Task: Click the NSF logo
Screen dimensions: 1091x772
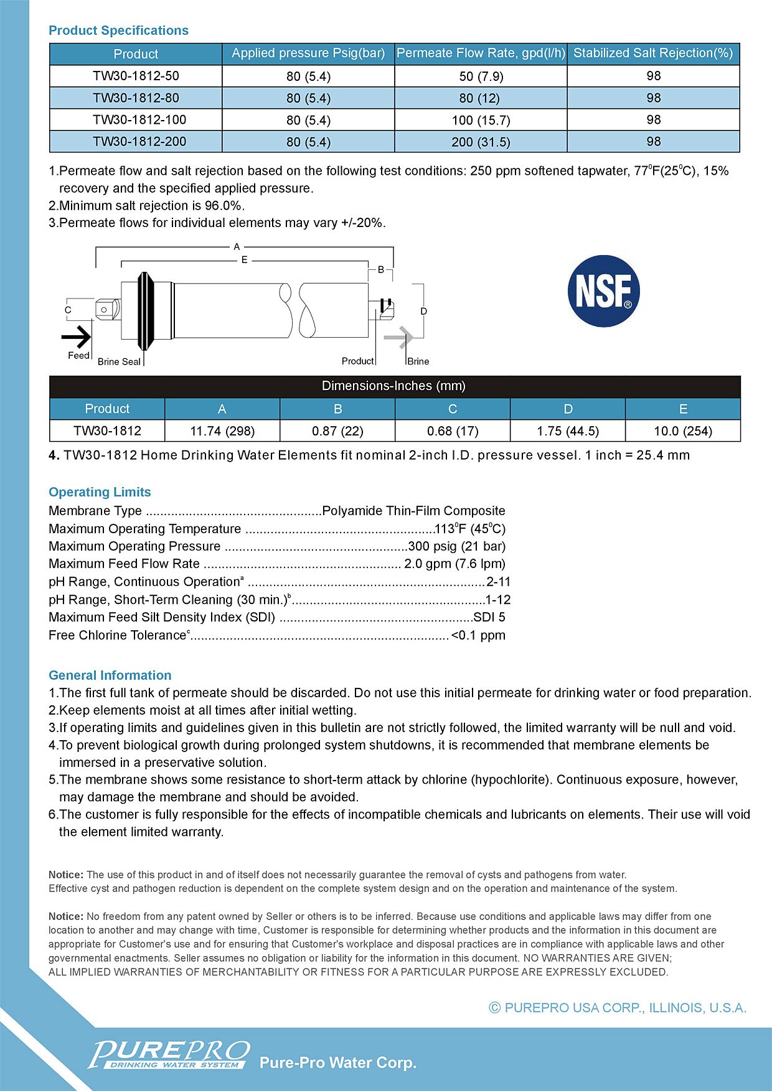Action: point(603,290)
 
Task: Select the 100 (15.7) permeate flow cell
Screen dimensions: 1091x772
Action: point(481,120)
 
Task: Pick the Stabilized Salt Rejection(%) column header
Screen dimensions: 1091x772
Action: point(653,53)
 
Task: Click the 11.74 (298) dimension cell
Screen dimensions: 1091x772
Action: point(222,431)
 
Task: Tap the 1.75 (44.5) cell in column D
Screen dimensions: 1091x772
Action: point(568,431)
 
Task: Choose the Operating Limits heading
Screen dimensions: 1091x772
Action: point(100,492)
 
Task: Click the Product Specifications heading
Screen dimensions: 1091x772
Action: point(118,30)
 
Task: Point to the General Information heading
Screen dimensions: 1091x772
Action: point(110,675)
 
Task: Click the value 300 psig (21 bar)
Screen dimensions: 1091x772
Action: point(456,546)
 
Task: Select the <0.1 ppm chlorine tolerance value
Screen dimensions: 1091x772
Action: point(478,635)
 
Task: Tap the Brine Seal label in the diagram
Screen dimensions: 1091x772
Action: point(119,361)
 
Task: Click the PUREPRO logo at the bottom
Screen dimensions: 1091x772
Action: point(169,1055)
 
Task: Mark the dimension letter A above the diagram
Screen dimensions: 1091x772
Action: point(237,247)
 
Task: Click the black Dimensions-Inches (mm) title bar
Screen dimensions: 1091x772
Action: point(394,386)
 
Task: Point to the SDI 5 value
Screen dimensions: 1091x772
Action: point(489,617)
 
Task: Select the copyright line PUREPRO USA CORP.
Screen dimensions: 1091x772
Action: point(618,1008)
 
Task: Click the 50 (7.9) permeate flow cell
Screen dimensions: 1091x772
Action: point(481,76)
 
